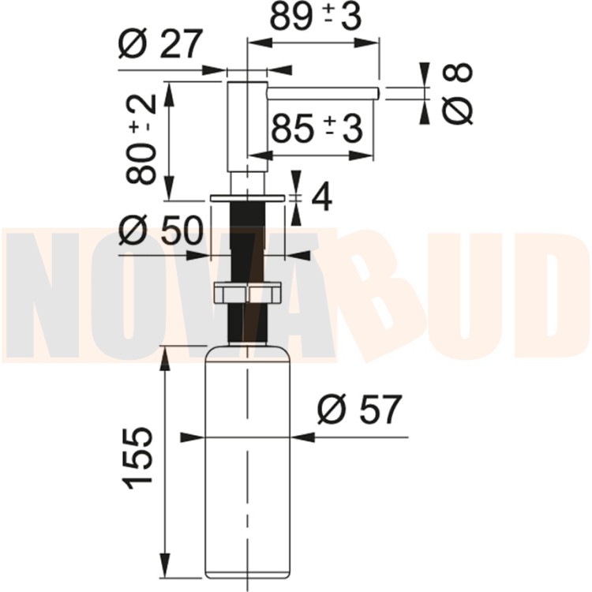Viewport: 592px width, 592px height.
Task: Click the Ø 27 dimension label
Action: pos(161,43)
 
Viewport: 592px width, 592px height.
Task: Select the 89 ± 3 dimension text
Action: pos(316,17)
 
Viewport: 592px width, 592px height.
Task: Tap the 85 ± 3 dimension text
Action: pos(317,129)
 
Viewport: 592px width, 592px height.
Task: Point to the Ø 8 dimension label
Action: pos(457,93)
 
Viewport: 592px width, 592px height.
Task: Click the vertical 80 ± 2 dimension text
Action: pos(141,139)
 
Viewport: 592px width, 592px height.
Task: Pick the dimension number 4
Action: pos(322,197)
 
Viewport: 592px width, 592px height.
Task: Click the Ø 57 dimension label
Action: pos(359,409)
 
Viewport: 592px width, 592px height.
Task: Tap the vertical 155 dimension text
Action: pos(137,459)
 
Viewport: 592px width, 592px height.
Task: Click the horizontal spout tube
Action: pos(323,94)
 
